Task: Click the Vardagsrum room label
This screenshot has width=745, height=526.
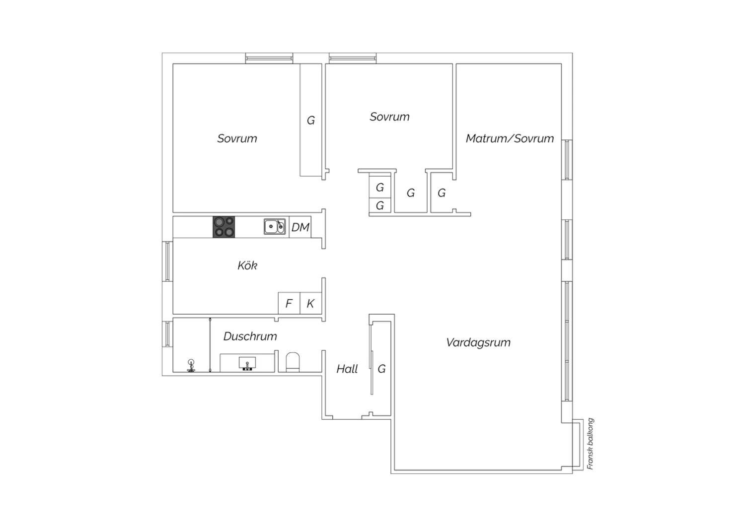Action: coord(478,342)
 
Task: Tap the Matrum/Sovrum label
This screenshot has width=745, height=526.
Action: coord(510,138)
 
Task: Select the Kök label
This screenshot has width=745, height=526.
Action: coord(247,265)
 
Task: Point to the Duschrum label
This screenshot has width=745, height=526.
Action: coord(250,336)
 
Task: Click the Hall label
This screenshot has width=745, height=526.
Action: coord(347,369)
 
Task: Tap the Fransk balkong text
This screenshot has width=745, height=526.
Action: coord(590,444)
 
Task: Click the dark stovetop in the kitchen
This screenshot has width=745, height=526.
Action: coord(224,227)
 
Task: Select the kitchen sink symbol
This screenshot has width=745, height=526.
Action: coord(275,227)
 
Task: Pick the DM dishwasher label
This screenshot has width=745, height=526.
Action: coord(300,227)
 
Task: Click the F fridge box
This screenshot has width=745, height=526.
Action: coord(289,303)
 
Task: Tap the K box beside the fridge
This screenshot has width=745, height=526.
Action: coord(310,303)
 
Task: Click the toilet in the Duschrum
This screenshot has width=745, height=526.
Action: coord(293,362)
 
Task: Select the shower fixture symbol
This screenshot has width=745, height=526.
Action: coord(191,366)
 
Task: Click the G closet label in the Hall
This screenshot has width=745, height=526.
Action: coord(381,369)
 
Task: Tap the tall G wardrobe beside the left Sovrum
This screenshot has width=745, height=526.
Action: coord(310,120)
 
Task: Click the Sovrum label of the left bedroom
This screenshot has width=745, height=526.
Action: coord(237,138)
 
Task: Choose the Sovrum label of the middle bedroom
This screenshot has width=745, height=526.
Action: coord(389,117)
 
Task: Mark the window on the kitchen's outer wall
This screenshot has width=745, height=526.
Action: coord(167,262)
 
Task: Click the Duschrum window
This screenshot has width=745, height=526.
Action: coord(167,334)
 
